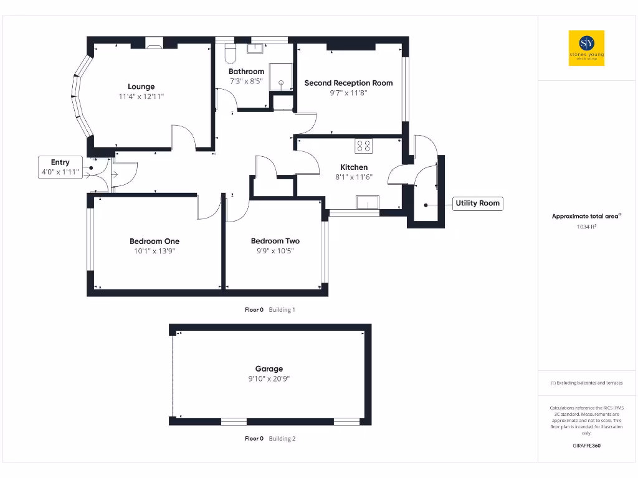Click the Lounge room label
141,87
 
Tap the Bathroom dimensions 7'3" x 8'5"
246,81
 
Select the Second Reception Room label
348,83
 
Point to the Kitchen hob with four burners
363,146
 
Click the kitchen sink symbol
367,202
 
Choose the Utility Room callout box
477,203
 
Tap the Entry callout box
60,167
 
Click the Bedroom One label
155,241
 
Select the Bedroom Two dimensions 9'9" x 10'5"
275,251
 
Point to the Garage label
269,368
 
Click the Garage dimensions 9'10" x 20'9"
269,378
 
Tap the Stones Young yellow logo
586,48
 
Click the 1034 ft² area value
586,227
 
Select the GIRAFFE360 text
586,446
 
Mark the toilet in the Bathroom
228,53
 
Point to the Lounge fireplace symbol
153,43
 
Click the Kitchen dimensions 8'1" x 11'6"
354,177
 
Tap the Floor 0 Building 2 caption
270,439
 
